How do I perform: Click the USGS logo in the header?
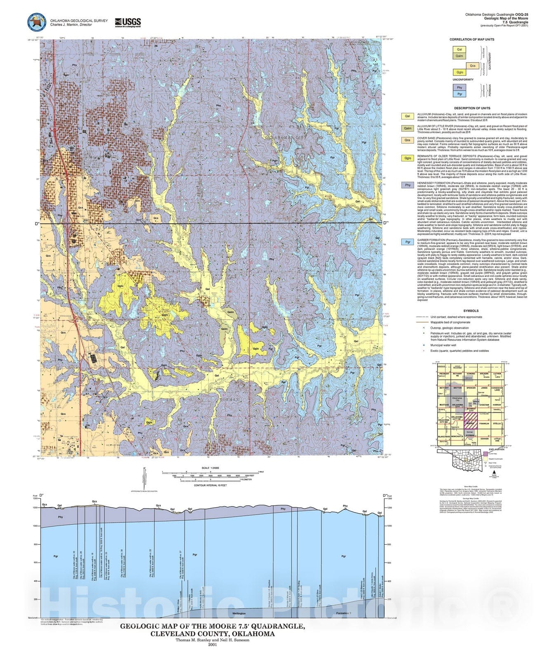tap(128, 22)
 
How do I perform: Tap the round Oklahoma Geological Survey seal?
tap(37, 22)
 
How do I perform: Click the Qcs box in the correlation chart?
tap(473, 65)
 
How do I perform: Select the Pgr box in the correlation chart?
tap(459, 94)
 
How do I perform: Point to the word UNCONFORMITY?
tap(463, 79)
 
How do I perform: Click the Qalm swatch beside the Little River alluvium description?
tap(408, 128)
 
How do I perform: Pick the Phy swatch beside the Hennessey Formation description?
tap(408, 185)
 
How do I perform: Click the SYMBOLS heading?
tap(471, 311)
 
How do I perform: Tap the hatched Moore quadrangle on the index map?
tap(470, 423)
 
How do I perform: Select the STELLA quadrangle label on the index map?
tap(497, 423)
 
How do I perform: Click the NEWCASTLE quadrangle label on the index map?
tap(457, 435)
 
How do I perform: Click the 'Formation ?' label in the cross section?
tap(344, 613)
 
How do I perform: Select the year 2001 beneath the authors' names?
tap(212, 645)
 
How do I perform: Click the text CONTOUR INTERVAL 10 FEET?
tap(210, 485)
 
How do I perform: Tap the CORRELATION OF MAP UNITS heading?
tap(472, 40)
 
